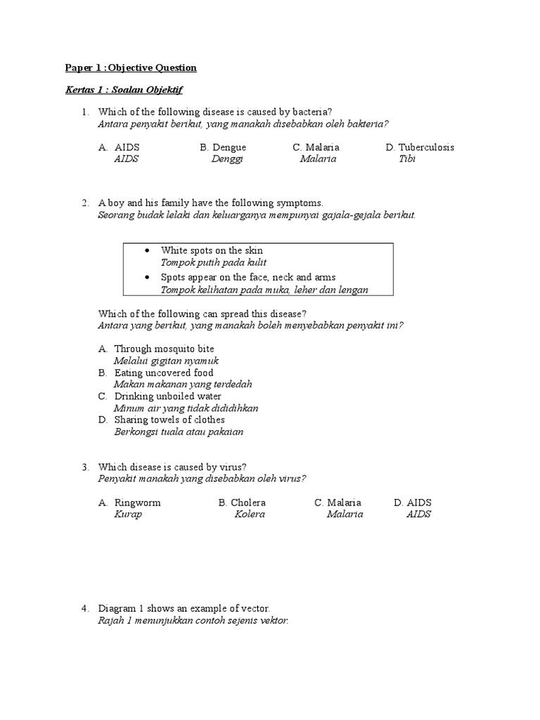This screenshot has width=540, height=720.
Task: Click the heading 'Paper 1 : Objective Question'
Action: point(131,67)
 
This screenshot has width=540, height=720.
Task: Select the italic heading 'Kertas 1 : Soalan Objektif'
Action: point(124,91)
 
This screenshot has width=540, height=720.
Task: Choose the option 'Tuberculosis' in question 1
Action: point(426,147)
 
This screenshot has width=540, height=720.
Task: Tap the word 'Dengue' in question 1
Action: point(229,147)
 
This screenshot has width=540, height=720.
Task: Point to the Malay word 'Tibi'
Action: point(407,158)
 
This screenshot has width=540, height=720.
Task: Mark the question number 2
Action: point(84,202)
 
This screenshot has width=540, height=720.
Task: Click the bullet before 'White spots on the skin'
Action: point(147,251)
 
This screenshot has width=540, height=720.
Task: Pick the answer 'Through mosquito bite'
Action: point(164,349)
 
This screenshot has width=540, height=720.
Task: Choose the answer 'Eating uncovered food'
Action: point(164,373)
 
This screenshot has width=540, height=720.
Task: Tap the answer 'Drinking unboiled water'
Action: point(167,397)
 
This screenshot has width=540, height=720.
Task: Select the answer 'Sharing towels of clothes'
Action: point(169,420)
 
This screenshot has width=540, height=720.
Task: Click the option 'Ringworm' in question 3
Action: point(137,503)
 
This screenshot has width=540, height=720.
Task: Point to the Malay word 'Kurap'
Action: point(128,514)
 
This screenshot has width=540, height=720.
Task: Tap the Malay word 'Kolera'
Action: point(250,514)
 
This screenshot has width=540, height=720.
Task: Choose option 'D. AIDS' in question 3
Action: point(412,503)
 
